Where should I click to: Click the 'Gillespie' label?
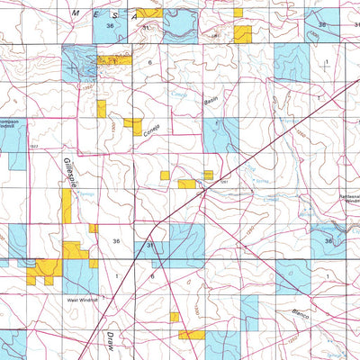click(69, 172)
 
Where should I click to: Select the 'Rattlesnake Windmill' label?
click(344, 200)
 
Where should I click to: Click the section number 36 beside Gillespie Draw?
click(116, 242)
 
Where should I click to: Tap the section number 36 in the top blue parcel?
click(110, 27)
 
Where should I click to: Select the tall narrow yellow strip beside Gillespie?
click(67, 205)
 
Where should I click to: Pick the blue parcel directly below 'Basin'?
click(219, 134)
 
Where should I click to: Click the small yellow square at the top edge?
click(238, 13)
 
